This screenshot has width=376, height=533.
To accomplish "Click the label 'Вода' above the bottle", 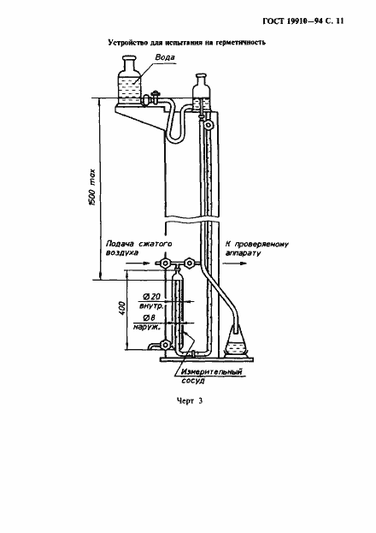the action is [x=165, y=57].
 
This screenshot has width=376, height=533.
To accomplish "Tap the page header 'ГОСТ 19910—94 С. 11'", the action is [x=303, y=21].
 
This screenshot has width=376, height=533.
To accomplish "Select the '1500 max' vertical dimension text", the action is [x=92, y=187].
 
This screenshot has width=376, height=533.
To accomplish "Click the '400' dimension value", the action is [x=122, y=308].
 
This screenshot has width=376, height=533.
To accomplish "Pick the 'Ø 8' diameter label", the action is [x=149, y=317].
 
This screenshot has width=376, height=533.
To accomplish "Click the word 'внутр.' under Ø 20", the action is [x=151, y=306].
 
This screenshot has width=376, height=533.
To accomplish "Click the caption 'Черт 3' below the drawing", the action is [x=190, y=400].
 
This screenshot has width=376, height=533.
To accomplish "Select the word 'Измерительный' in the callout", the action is [x=211, y=372].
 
